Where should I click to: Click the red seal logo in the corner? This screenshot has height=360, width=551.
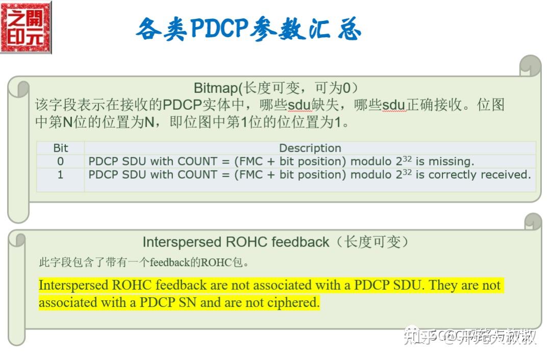pos(26,27)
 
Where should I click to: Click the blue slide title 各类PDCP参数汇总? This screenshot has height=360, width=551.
pos(248,29)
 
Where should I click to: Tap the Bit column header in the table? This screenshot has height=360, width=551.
pos(60,148)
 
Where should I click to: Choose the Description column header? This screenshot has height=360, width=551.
pos(310,148)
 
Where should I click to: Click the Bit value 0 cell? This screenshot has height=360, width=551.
pos(60,161)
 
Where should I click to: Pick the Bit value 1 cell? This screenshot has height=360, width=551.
pos(60,175)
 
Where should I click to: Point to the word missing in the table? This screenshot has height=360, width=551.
pos(451,161)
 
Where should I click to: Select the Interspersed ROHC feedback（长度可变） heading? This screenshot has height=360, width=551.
pos(275,242)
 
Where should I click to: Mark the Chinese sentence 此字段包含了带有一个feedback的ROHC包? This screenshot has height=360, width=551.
pos(144,263)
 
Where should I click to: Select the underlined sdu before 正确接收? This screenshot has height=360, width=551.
pos(393,106)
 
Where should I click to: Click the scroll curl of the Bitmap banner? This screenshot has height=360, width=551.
pos(531,65)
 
